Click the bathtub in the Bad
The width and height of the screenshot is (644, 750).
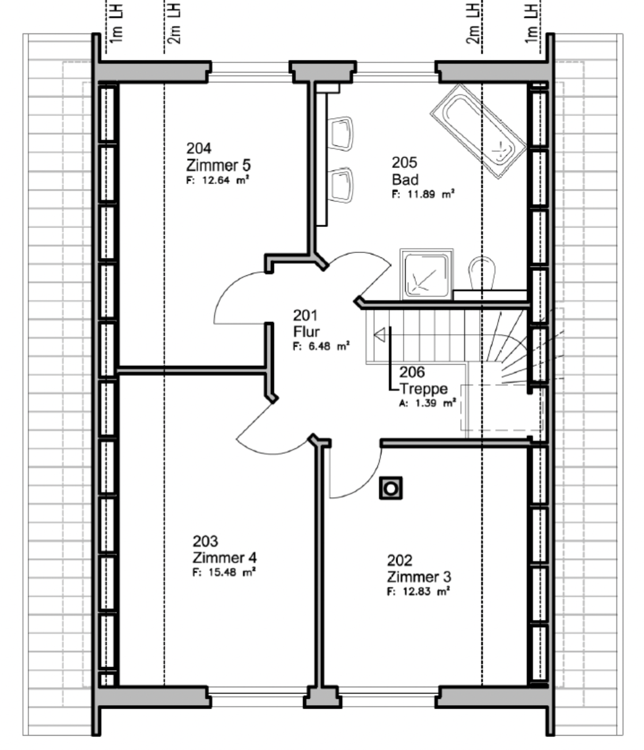pos(478,131)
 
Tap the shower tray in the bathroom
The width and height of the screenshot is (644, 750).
pos(426,275)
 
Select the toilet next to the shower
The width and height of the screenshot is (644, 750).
pos(482,273)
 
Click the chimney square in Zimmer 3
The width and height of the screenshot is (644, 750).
pos(391,488)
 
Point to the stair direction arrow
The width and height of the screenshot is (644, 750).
pos(380,335)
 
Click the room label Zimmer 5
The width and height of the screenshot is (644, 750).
pos(218,165)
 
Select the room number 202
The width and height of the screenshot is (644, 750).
pos(399,560)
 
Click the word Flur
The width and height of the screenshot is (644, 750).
pos(306,332)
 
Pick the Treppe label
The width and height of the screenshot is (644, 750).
pos(423,389)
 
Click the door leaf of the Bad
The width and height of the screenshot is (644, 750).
pos(376,282)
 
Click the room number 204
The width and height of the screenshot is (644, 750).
pos(199,149)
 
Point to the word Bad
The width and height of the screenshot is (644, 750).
pos(406,180)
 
